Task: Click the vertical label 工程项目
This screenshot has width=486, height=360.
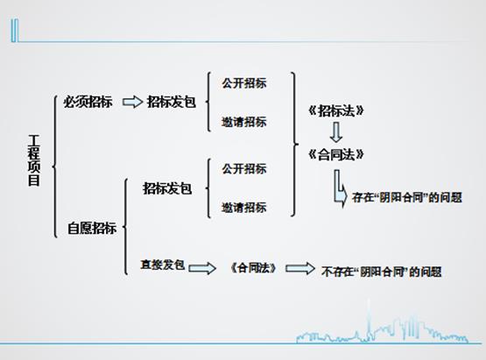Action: tap(34, 160)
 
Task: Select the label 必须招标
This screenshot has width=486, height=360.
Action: tap(88, 102)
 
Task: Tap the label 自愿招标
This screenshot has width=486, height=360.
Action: tap(92, 229)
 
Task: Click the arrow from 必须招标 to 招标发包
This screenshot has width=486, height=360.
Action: tap(132, 102)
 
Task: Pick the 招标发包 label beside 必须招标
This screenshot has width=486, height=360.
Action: tap(172, 102)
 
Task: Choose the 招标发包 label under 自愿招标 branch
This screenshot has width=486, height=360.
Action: tap(167, 188)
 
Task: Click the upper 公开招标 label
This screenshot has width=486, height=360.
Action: tap(244, 83)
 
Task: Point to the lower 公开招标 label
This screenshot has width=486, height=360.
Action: tap(244, 169)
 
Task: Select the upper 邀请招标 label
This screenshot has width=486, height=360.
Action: tap(244, 122)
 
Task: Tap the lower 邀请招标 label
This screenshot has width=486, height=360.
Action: tap(244, 208)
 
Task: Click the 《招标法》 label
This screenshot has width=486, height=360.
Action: tap(336, 110)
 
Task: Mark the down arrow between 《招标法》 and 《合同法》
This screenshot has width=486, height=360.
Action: tap(336, 132)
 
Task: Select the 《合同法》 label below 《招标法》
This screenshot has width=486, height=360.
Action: tap(336, 154)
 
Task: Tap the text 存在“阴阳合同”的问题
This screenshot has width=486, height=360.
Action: tap(407, 198)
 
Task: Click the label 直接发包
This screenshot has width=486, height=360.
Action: tap(163, 265)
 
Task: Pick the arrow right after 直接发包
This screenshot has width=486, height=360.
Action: tap(202, 268)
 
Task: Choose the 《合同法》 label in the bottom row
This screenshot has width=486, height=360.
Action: tap(254, 268)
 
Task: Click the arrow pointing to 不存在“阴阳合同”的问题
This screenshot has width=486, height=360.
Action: tap(299, 268)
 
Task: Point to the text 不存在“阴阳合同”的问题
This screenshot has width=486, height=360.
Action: tap(382, 272)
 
